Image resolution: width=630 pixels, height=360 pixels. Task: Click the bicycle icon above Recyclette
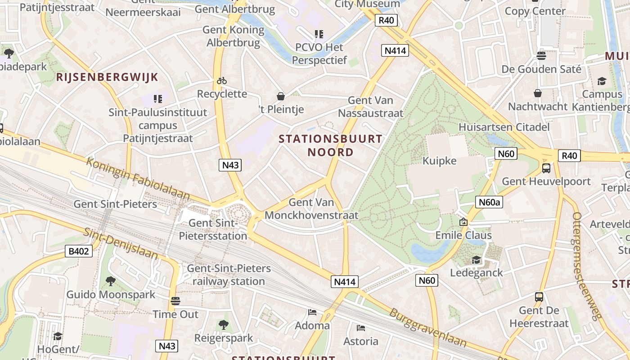pos(222,81)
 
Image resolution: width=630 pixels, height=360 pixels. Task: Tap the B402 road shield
pos(79,251)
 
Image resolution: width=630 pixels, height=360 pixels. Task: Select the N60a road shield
pos(489,202)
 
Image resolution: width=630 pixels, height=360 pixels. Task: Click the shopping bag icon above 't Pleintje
pos(281,96)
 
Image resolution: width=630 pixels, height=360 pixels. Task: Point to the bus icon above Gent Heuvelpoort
pos(546,168)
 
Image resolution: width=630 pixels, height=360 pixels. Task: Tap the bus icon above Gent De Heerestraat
pos(539,297)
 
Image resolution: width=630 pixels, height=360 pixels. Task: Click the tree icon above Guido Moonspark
pos(110,282)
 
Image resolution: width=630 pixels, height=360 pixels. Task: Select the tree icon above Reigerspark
pos(223,324)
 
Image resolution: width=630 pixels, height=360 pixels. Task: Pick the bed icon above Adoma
pos(312,312)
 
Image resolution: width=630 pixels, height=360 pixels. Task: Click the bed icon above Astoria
pos(360,328)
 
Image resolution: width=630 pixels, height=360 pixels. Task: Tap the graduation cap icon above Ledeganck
pos(476,260)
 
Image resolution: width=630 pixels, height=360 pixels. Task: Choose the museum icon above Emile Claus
pos(463,222)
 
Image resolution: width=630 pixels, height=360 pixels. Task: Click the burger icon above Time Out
pos(175,301)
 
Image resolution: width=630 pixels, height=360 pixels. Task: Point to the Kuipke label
pos(440,161)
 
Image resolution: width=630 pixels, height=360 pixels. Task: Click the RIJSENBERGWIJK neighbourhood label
pos(107,77)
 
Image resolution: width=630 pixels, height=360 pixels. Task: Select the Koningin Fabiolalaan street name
pos(139,179)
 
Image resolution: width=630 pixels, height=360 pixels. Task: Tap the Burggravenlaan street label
pos(428,328)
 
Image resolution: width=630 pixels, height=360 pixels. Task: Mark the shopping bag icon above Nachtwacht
pos(537,93)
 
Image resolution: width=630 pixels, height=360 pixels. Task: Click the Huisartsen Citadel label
pos(504,127)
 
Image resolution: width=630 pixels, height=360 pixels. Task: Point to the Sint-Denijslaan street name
pos(121,243)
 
